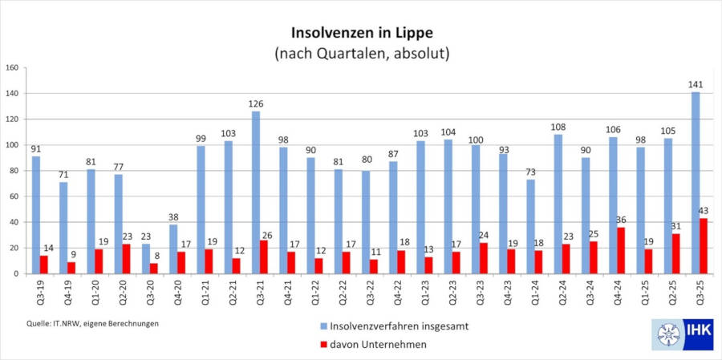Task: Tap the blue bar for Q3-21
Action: point(256,192)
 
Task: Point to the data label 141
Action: point(695,84)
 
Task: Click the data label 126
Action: point(256,103)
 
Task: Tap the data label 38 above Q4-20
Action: point(174,216)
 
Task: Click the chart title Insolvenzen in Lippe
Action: point(361,34)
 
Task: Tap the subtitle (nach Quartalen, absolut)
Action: point(361,55)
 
